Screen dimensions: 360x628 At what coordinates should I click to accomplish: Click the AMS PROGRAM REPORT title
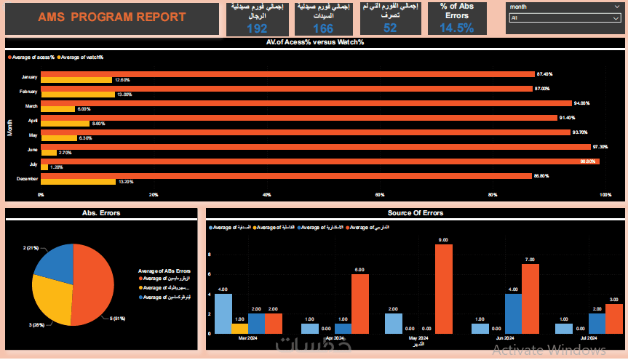click(x=111, y=17)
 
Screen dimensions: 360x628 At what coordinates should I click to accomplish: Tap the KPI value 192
click(x=257, y=28)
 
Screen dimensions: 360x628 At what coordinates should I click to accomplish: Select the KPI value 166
click(x=323, y=28)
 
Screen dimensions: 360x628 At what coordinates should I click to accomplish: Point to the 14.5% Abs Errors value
click(x=457, y=28)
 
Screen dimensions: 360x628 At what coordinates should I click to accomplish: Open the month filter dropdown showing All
click(x=565, y=18)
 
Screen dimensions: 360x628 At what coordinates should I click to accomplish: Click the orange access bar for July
click(x=320, y=161)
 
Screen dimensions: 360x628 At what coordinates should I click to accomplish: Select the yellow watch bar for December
click(x=78, y=182)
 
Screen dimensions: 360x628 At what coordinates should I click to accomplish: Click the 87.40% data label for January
click(x=544, y=74)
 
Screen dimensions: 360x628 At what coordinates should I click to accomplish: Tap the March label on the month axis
click(x=31, y=106)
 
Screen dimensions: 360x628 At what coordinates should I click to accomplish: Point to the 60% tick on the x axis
click(x=379, y=195)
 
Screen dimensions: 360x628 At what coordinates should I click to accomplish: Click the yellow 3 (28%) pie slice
click(x=52, y=298)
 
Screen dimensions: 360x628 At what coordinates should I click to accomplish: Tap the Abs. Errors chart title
click(x=101, y=213)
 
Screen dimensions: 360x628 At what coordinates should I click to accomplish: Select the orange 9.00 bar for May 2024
click(x=444, y=289)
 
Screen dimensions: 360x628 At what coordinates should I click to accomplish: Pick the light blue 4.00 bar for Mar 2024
click(x=223, y=313)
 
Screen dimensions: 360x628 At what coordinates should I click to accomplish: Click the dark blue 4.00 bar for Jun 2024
click(x=513, y=313)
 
